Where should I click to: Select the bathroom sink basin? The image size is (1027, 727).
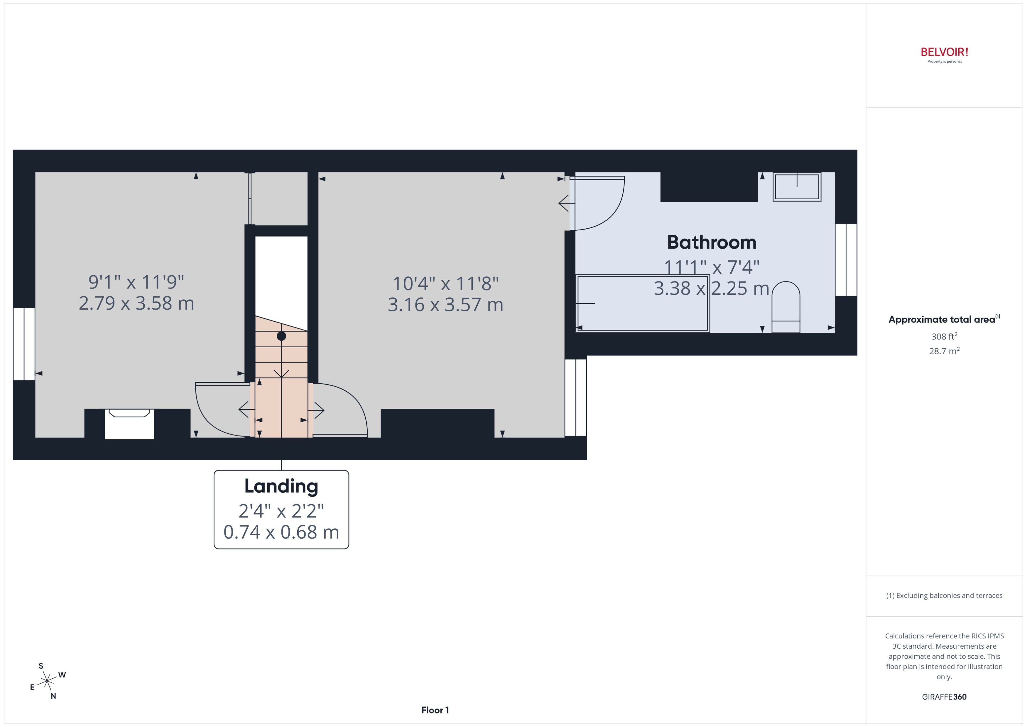(797, 187)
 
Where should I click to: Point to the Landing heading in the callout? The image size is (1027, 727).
(281, 486)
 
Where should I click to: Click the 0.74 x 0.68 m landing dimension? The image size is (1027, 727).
(281, 532)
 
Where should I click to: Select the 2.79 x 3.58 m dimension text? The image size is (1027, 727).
(136, 303)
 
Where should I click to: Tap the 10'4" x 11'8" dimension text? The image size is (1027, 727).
(445, 283)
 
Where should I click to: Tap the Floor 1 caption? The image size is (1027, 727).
(435, 710)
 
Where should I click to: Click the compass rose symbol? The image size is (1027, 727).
(47, 681)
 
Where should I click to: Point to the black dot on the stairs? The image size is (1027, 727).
(281, 336)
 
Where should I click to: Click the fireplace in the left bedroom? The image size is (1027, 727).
(129, 423)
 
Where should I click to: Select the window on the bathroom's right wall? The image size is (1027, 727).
(846, 260)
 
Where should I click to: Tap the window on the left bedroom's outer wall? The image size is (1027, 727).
(24, 344)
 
